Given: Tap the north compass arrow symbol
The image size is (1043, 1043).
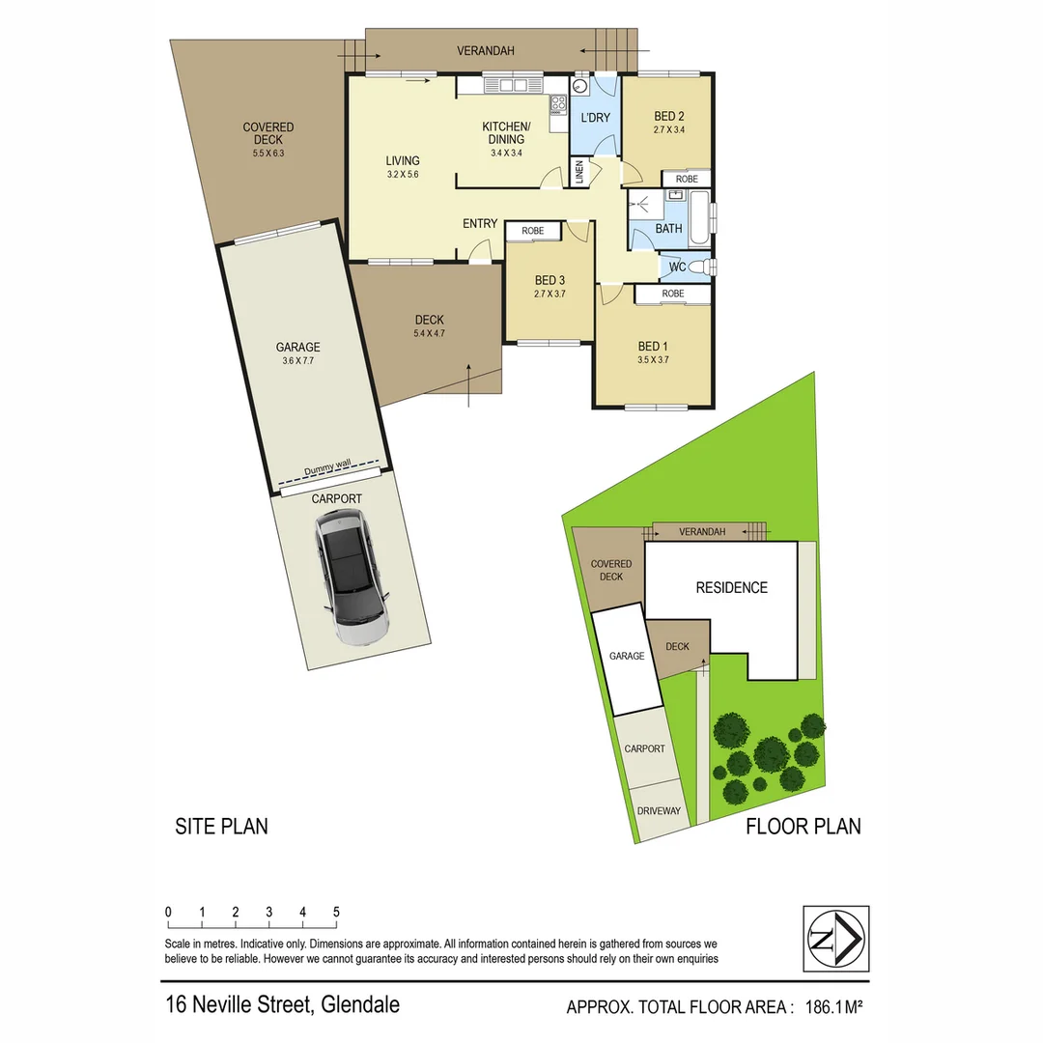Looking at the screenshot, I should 836,938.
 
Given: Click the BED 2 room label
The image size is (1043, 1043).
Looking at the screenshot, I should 668,117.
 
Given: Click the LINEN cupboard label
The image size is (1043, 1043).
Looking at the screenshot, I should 579,175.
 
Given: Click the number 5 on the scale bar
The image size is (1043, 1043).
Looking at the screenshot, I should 336,912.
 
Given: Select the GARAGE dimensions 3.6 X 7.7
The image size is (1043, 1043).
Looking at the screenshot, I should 297,361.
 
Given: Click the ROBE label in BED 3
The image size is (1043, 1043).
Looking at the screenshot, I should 533,232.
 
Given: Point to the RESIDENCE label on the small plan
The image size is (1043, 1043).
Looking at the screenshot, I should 732,587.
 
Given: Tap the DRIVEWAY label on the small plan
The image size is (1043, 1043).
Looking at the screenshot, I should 659,811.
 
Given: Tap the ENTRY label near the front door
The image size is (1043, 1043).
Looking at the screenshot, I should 480,224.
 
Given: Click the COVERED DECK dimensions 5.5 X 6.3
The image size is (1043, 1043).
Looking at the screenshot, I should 268,153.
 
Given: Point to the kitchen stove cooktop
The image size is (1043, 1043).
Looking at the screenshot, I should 558,103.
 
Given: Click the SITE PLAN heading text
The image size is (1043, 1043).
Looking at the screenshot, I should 221,827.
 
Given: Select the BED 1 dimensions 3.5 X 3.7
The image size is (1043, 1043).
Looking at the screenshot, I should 652,359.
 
